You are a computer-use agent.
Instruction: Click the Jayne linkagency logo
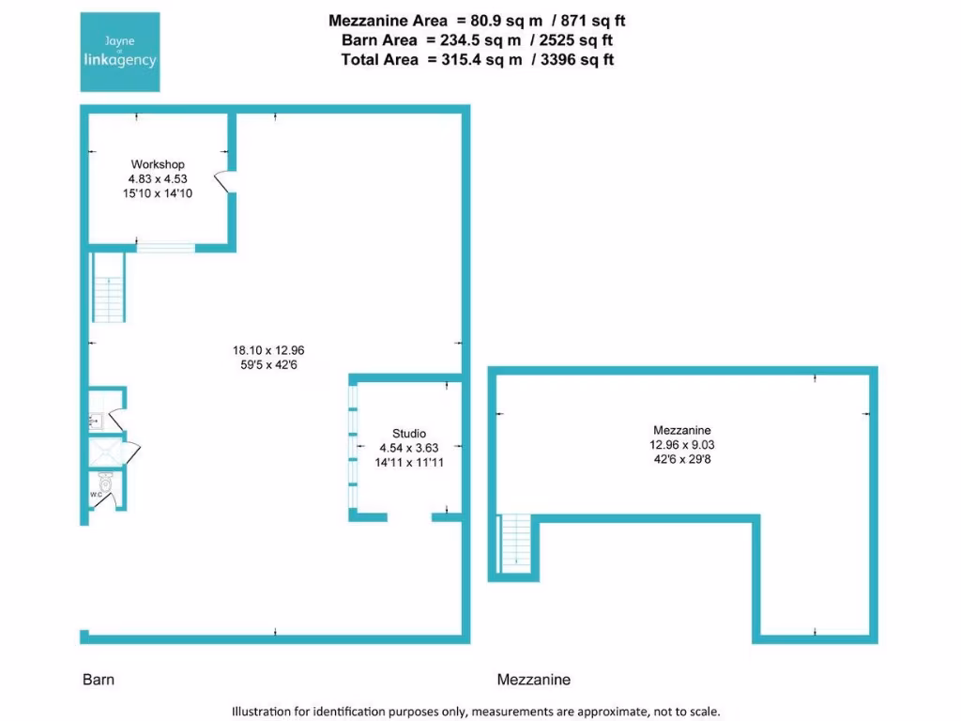[119, 52]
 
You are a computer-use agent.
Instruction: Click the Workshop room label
[158, 164]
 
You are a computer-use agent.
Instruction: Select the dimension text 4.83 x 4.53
[158, 178]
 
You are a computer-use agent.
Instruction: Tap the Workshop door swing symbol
[222, 181]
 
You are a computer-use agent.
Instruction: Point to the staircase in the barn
[108, 288]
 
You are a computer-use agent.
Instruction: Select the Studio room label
[408, 433]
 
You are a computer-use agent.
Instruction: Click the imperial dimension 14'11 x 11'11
[408, 463]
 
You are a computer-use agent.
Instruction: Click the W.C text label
[95, 495]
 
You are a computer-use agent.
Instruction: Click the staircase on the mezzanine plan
[515, 544]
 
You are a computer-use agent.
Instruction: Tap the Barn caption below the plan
[97, 679]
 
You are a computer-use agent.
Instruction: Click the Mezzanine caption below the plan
[533, 679]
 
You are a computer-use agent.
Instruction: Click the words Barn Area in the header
[378, 40]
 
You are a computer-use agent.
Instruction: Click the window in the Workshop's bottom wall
[165, 248]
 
